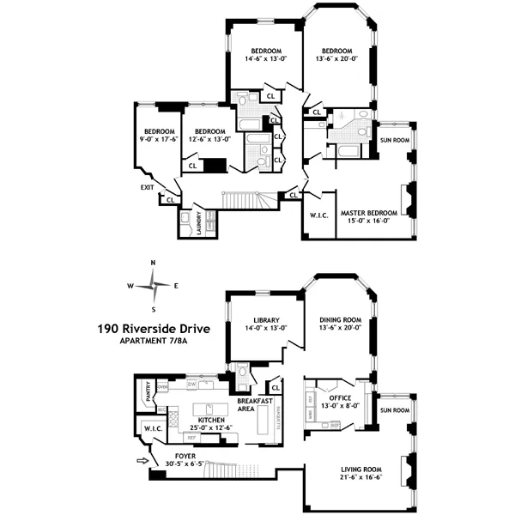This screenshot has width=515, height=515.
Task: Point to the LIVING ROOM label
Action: [x=360, y=468]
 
